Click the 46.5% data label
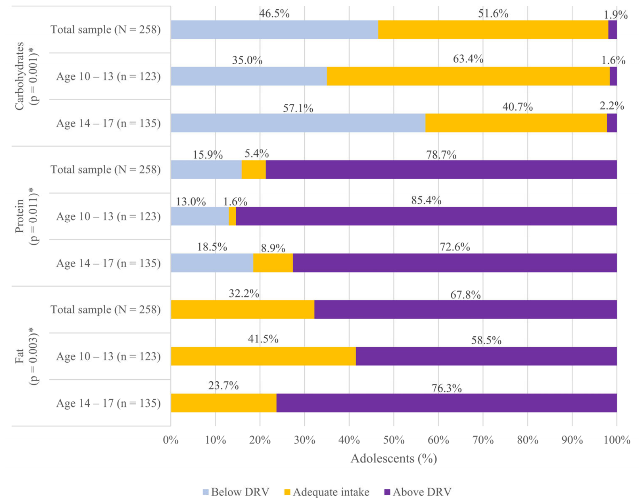tap(274, 14)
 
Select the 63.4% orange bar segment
tap(468, 76)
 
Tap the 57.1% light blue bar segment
tap(298, 123)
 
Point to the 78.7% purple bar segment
tap(441, 170)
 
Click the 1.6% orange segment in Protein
tap(232, 216)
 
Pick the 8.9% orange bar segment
tap(273, 263)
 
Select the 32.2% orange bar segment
tap(243, 309)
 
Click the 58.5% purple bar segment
tap(486, 356)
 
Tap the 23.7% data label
tap(223, 386)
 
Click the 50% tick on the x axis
tap(394, 440)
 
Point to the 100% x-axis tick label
tap(617, 440)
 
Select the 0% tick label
tap(171, 440)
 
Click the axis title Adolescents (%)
tap(394, 458)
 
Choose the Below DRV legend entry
tap(236, 492)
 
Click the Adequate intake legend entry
tap(327, 492)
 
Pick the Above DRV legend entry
tap(418, 492)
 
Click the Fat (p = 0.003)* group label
tap(26, 356)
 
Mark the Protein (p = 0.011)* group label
tap(26, 216)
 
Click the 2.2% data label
tap(611, 106)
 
